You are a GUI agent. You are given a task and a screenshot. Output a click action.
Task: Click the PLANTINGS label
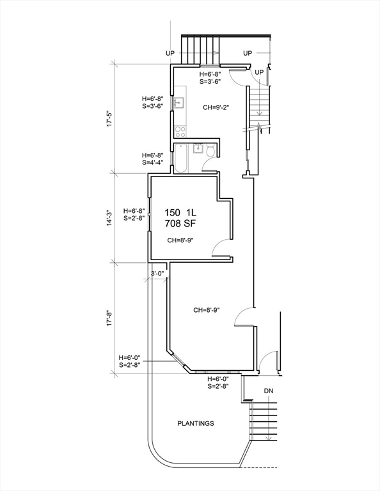click(196, 423)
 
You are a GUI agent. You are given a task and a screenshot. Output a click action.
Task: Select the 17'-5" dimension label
click(109, 119)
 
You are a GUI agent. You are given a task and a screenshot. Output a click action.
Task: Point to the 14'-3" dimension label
click(109, 217)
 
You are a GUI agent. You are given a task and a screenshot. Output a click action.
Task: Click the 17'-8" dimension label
click(109, 318)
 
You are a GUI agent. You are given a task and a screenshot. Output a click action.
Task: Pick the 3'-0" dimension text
click(157, 274)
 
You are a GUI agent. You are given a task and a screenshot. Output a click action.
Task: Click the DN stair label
click(269, 391)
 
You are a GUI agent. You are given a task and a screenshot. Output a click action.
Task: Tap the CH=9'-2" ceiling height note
click(216, 107)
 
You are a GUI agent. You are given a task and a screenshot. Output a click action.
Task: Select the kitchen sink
click(179, 102)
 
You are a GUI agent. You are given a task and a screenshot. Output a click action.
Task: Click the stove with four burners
click(180, 131)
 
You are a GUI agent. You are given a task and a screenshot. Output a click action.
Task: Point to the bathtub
click(181, 158)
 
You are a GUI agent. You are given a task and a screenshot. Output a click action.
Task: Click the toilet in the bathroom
click(210, 150)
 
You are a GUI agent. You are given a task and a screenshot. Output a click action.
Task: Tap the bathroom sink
click(198, 148)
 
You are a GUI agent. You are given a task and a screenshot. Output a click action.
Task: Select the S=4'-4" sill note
click(152, 162)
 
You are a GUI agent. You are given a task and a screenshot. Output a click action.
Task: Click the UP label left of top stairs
click(170, 53)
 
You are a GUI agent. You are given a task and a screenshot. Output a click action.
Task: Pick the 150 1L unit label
click(180, 213)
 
